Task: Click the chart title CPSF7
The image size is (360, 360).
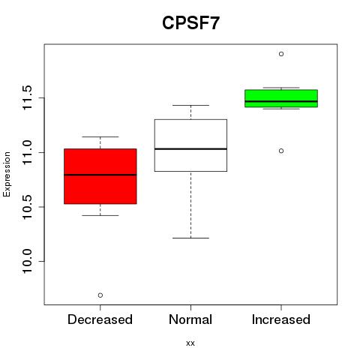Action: click(x=190, y=23)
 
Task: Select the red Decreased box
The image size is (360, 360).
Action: click(x=100, y=176)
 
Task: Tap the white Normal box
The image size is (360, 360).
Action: click(x=190, y=145)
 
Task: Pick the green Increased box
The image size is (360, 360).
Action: click(x=281, y=98)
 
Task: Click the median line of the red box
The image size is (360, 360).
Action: click(x=100, y=175)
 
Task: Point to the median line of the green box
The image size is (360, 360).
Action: click(x=281, y=101)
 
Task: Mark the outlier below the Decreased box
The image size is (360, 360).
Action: click(x=100, y=295)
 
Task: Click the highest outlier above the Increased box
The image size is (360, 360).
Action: click(x=281, y=54)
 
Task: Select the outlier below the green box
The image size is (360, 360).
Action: click(x=281, y=151)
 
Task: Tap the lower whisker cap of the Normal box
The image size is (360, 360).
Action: click(x=190, y=238)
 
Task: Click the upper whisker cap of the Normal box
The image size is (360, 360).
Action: click(x=190, y=105)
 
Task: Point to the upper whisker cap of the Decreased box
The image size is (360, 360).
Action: click(x=100, y=136)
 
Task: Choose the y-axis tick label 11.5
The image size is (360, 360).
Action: click(x=27, y=97)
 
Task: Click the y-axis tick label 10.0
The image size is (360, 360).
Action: click(x=27, y=262)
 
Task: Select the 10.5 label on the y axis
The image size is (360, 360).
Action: click(x=27, y=207)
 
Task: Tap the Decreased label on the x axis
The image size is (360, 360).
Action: click(x=100, y=319)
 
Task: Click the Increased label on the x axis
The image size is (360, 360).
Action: click(x=281, y=319)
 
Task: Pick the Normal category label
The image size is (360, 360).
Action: click(x=190, y=319)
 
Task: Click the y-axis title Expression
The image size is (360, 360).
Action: click(x=7, y=174)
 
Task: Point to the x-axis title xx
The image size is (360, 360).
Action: click(x=190, y=343)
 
